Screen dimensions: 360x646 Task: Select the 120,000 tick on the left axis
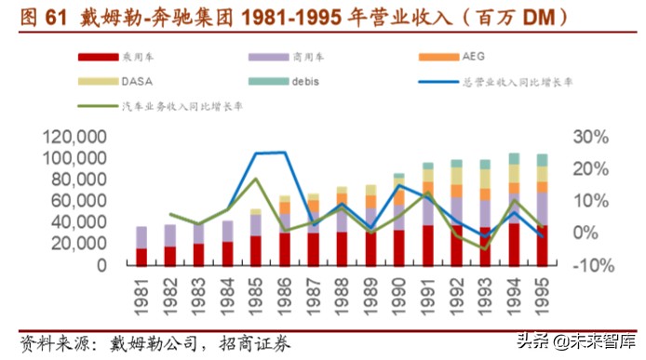pos(74,138)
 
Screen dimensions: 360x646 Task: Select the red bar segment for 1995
pos(542,245)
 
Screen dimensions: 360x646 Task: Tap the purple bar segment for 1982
pos(170,235)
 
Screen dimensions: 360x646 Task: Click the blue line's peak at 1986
pos(284,152)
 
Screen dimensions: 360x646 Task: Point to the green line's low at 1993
pos(485,248)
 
